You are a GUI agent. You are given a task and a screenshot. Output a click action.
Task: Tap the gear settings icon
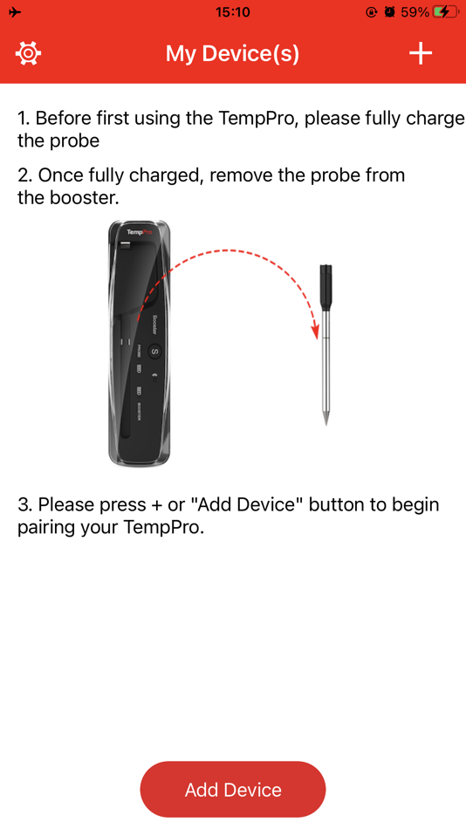click(28, 53)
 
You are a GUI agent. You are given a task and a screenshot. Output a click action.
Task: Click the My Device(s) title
click(232, 54)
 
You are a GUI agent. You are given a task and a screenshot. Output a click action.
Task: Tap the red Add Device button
click(233, 790)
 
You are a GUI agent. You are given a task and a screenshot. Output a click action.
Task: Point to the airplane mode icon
click(15, 12)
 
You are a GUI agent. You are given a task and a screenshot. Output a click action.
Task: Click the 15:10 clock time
click(232, 12)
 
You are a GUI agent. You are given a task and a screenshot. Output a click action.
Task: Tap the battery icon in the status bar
click(445, 12)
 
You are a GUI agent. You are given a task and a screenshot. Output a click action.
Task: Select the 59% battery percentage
click(415, 12)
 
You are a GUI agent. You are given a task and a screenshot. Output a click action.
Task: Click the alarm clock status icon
click(390, 12)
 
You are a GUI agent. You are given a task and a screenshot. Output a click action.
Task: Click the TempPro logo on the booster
click(140, 233)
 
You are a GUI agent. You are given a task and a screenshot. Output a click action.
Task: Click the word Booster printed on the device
click(155, 325)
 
